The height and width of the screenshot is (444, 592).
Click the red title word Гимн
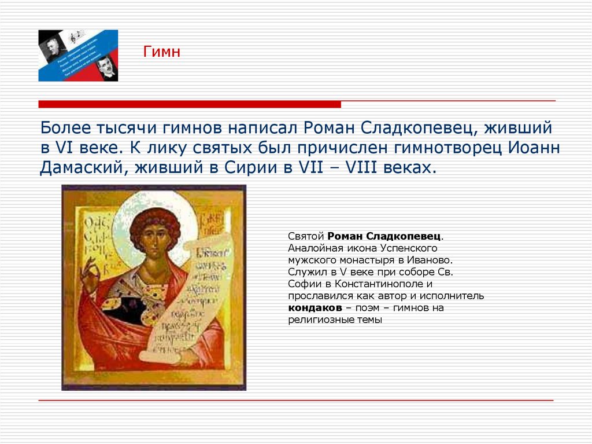tap(162, 53)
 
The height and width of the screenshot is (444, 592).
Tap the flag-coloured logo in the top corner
tap(78, 55)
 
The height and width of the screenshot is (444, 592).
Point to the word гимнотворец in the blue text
tap(447, 147)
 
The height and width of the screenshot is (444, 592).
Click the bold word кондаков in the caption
tap(312, 308)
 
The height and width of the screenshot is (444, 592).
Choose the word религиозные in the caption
tap(316, 320)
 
